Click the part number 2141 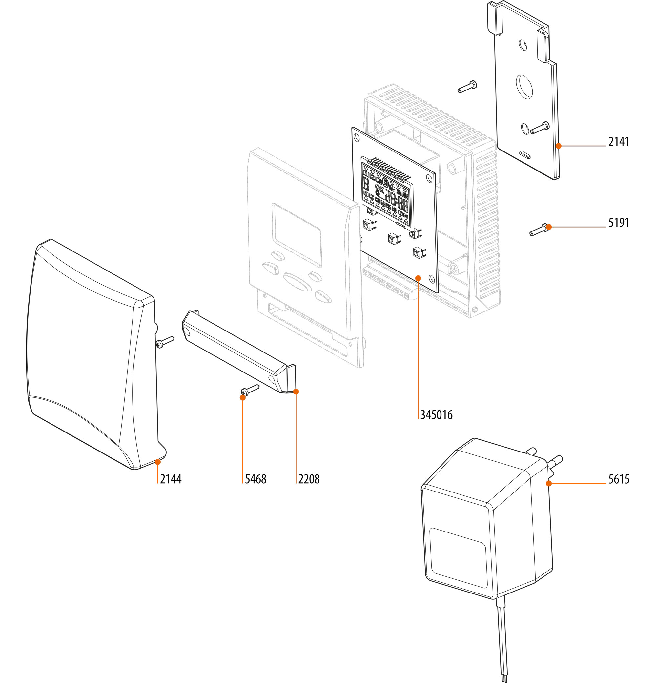[619, 142]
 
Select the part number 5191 [619, 223]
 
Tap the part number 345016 [436, 415]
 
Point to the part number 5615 [619, 479]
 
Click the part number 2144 [171, 479]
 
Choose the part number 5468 [256, 479]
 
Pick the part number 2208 [309, 479]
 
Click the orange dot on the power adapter [549, 483]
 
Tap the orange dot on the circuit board [418, 278]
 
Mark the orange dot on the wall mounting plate [558, 146]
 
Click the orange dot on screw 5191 [549, 227]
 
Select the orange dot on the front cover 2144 [157, 462]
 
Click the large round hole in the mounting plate [524, 87]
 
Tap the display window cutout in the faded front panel [297, 235]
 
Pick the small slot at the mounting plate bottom [525, 154]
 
